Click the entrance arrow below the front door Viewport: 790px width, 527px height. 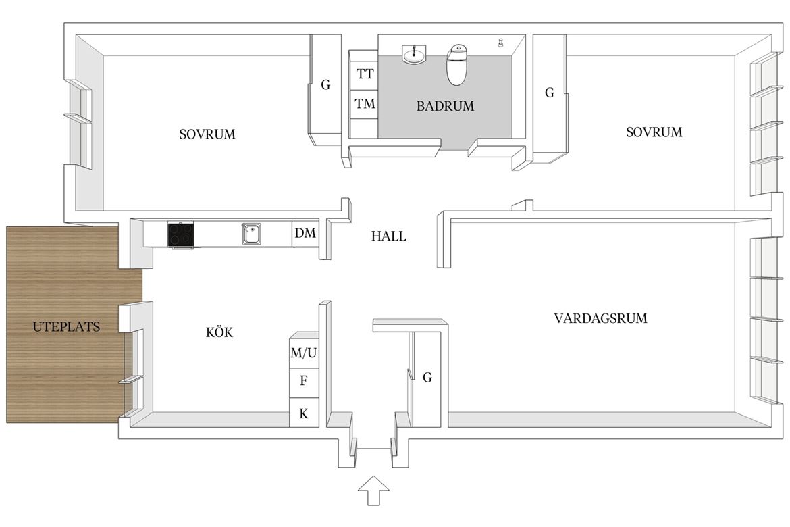(x=373, y=490)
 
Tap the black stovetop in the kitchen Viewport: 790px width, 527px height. (x=181, y=235)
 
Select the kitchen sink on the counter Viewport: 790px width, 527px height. (x=251, y=234)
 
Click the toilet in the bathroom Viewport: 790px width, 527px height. (x=458, y=65)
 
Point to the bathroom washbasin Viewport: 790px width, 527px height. (x=414, y=54)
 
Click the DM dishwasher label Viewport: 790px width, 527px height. (x=305, y=233)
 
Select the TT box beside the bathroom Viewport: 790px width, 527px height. (x=364, y=74)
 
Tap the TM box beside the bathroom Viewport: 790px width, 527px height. (x=364, y=105)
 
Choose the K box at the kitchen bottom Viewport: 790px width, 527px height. (x=304, y=413)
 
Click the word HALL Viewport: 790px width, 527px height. (x=388, y=236)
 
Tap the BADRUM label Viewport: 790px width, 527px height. (x=446, y=106)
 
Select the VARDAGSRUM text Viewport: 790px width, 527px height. (x=600, y=318)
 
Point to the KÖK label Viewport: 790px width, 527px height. (x=219, y=332)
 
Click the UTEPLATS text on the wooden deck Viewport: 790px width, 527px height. (x=66, y=327)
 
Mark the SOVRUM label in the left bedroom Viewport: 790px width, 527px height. (x=207, y=134)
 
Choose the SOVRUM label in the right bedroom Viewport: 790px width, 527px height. (x=654, y=132)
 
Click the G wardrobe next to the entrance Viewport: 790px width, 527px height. (x=427, y=377)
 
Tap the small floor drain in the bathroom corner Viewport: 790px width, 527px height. (x=501, y=43)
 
